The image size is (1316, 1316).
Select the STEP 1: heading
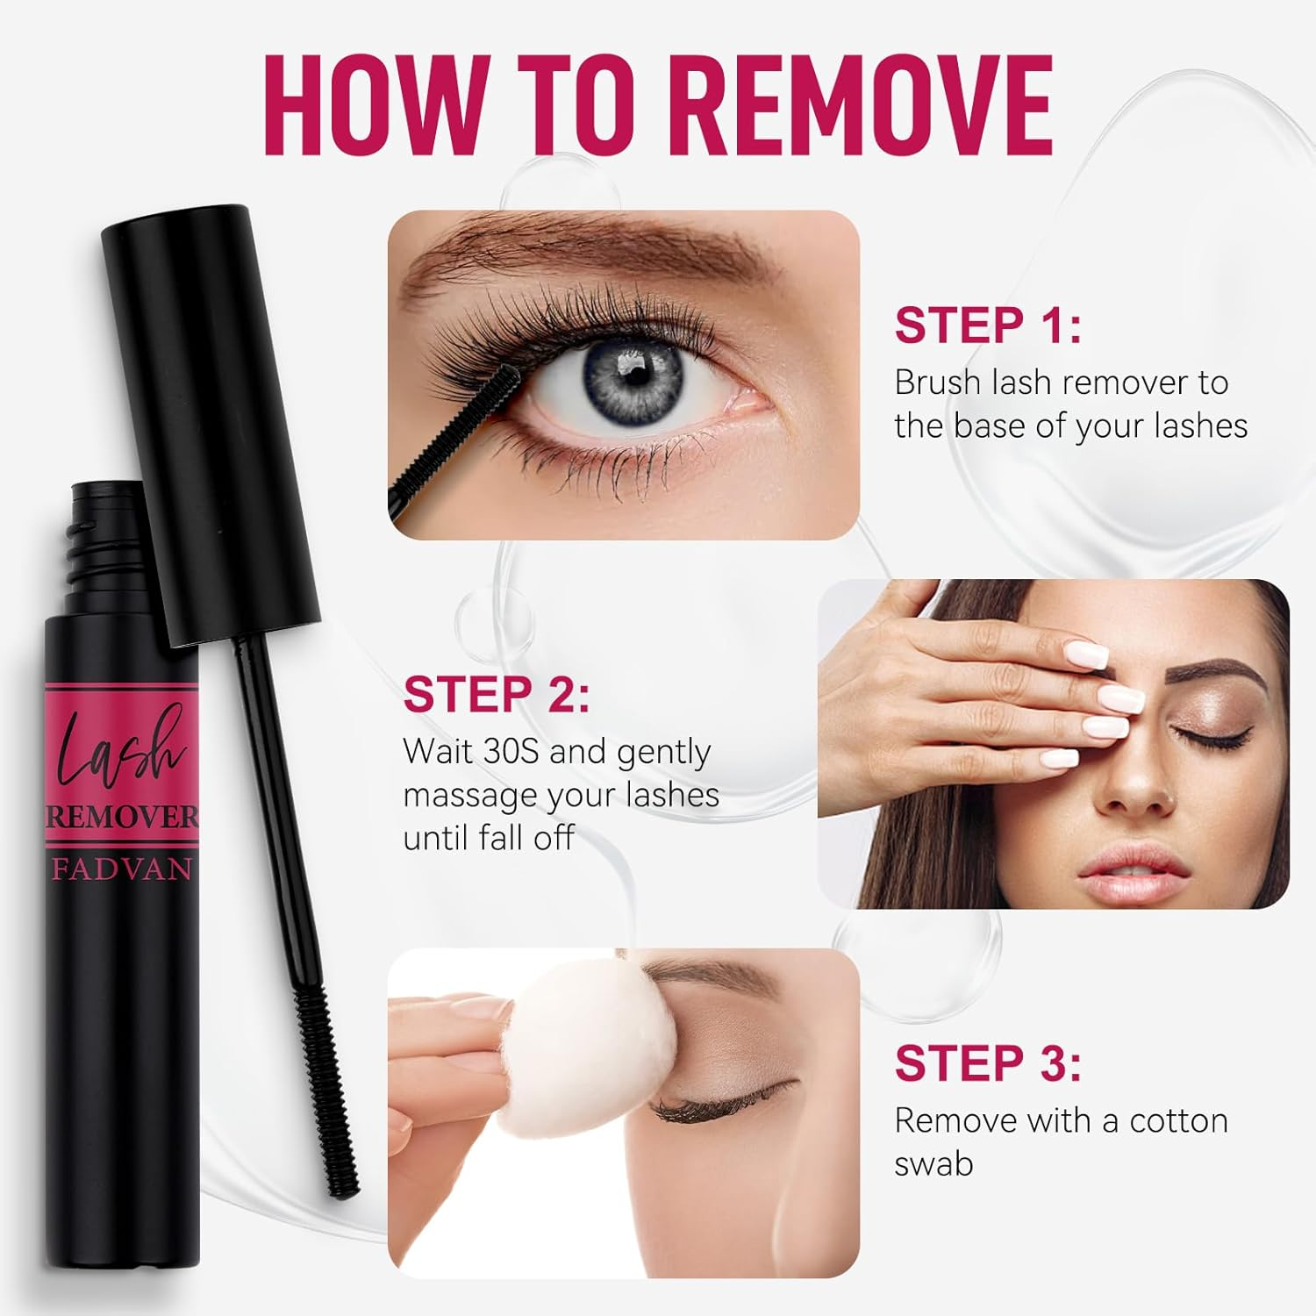pos(988,325)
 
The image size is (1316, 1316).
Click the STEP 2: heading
pos(497,694)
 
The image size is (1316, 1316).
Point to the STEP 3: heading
pos(988,1063)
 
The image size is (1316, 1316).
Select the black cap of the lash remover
pos(211,421)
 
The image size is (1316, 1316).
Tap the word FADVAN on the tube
pos(122,869)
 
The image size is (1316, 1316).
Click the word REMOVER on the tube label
pos(122,817)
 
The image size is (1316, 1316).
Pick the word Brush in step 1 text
pos(937,383)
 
